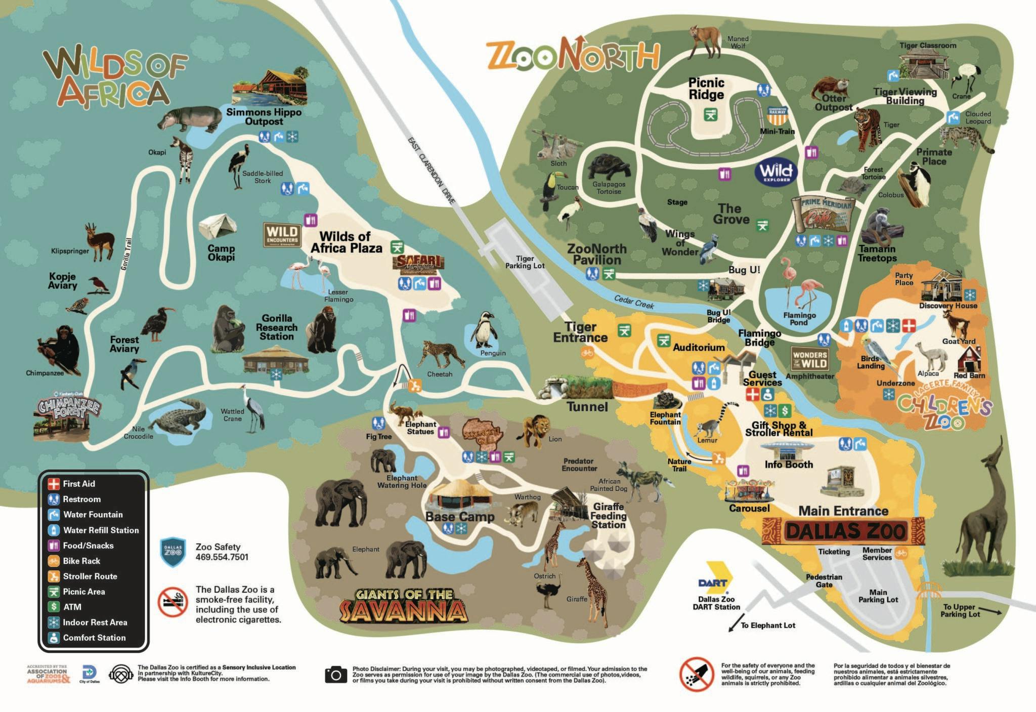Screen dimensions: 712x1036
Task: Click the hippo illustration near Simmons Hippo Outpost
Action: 190,119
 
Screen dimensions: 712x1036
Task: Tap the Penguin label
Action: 493,353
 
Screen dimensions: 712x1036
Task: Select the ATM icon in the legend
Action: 54,607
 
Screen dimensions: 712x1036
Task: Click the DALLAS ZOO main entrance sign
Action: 843,531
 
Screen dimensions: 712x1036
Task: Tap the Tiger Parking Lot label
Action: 525,262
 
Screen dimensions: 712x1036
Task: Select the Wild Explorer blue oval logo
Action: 776,172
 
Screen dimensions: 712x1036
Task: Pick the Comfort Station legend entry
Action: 94,638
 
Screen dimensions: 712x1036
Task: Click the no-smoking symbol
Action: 173,602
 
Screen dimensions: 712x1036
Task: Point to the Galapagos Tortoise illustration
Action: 609,167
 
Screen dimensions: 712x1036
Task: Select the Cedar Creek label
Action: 634,302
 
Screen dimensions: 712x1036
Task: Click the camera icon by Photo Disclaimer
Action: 336,675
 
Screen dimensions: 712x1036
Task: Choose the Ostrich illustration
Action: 548,594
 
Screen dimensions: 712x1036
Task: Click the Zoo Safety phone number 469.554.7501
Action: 222,557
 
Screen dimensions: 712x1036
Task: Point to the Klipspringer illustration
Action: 100,241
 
